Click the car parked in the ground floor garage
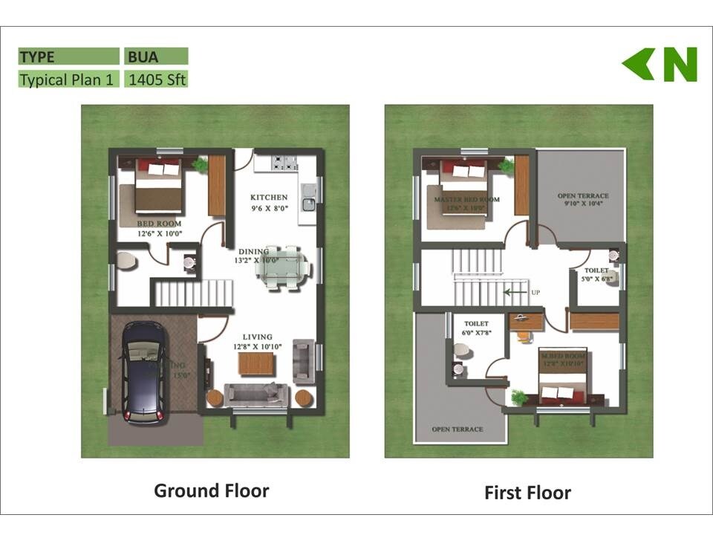click(x=143, y=372)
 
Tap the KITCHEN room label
click(x=268, y=198)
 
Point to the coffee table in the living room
click(x=256, y=364)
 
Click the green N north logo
click(x=660, y=65)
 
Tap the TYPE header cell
click(x=68, y=56)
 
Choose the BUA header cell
click(x=156, y=56)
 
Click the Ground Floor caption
click(x=211, y=490)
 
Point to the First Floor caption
click(x=527, y=493)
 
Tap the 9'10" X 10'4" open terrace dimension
click(x=582, y=204)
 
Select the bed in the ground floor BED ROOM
click(x=158, y=187)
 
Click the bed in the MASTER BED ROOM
click(x=463, y=188)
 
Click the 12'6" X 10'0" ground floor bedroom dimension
click(x=160, y=233)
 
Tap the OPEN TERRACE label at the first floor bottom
click(x=458, y=429)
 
